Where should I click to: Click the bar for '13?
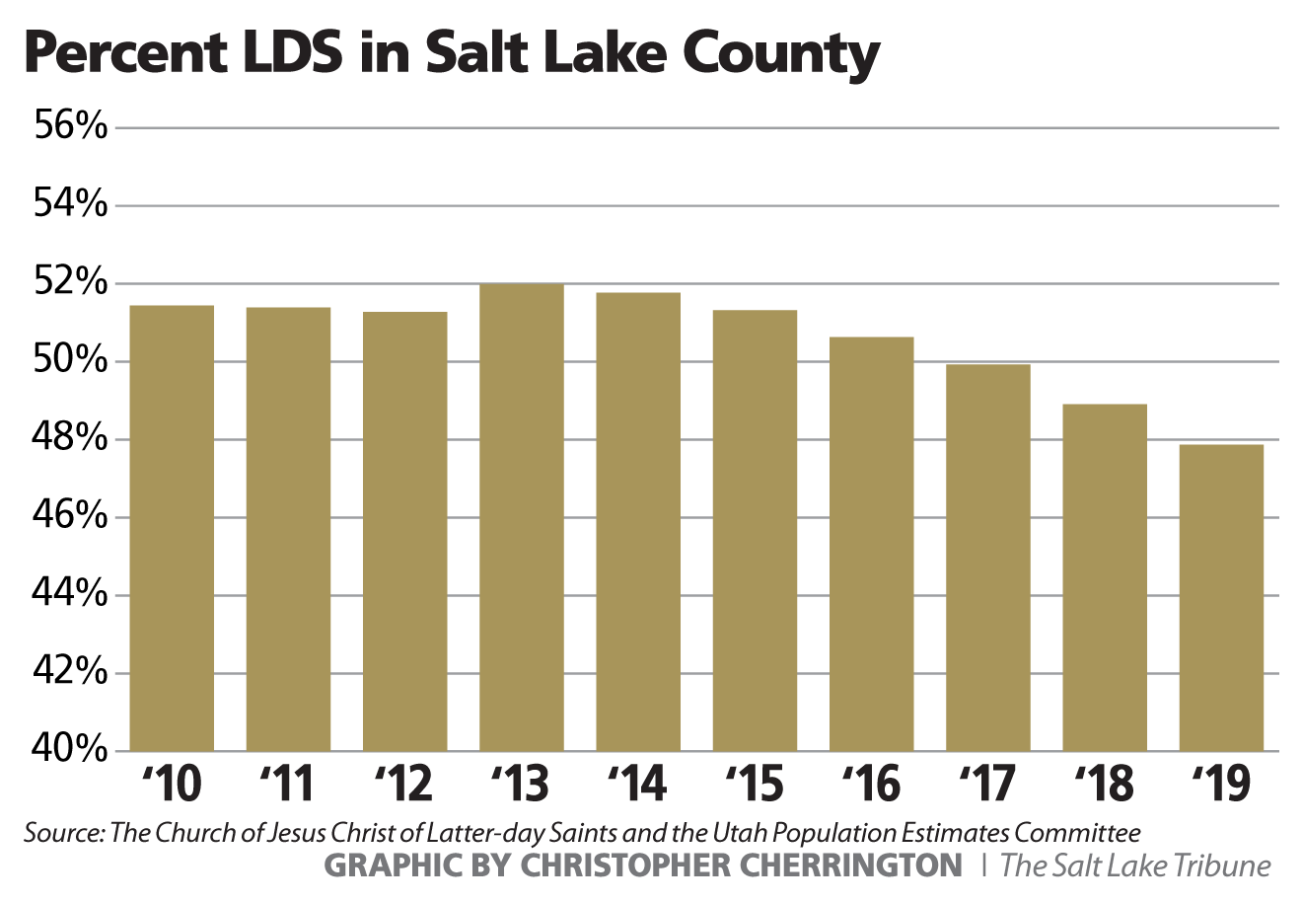coord(522,517)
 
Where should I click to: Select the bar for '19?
coord(1221,597)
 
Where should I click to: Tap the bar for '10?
coord(172,528)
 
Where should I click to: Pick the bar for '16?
coord(871,544)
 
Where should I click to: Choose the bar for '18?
coord(1105,577)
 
